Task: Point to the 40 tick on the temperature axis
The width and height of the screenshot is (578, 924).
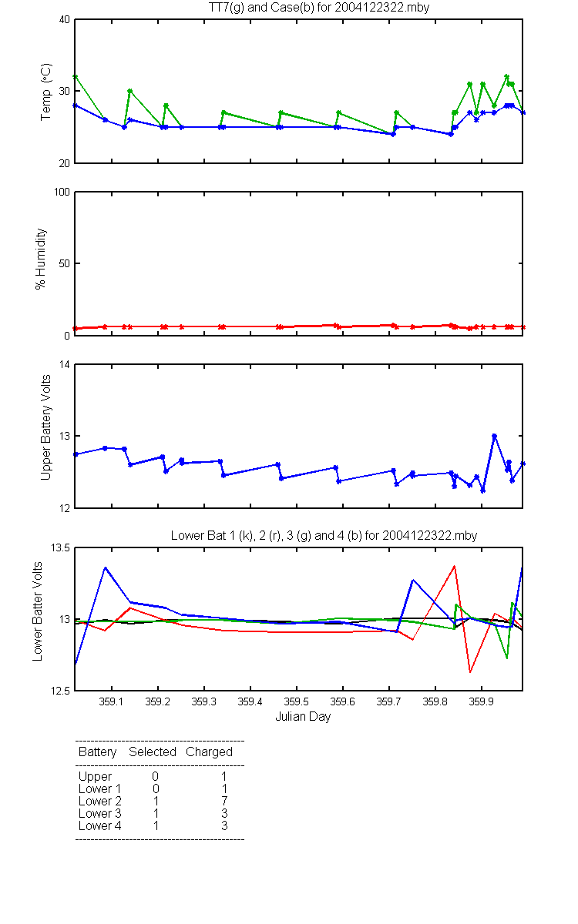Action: point(65,20)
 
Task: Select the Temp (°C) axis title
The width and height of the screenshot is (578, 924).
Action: point(45,92)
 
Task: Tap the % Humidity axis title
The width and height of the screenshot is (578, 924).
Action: point(40,259)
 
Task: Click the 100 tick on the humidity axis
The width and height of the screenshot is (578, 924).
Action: point(62,192)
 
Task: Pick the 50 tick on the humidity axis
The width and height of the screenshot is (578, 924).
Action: point(65,263)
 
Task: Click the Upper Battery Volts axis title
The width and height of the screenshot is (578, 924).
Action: point(45,427)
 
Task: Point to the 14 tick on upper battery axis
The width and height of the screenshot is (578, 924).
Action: point(65,365)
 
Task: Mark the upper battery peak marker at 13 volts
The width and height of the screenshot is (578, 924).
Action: point(494,436)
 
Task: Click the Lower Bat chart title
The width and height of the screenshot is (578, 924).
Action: point(324,535)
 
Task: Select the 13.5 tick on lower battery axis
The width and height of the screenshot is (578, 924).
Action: point(60,547)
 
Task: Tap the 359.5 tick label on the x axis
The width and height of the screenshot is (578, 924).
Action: point(297,701)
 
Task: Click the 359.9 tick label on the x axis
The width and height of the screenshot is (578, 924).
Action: point(482,701)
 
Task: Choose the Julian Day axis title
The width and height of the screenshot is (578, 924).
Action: point(303,717)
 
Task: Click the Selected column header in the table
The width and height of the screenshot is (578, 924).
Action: point(153,752)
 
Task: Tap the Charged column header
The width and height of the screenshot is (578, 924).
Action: point(209,752)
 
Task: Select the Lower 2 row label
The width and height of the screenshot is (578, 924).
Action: point(100,801)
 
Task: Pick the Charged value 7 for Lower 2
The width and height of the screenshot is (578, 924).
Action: point(224,801)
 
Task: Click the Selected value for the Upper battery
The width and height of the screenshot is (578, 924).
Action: point(155,776)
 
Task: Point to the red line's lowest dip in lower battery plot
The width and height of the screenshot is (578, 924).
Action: point(470,672)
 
